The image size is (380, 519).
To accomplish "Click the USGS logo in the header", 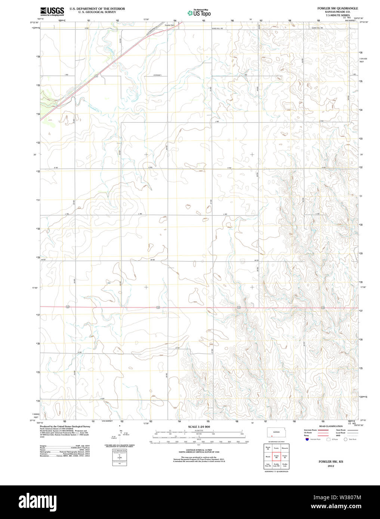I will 52,11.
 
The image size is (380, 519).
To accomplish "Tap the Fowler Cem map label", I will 170,25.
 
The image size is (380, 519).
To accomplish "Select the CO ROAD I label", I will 157,75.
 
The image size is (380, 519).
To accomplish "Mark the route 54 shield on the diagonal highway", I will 96,76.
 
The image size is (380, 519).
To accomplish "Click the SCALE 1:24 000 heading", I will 199,427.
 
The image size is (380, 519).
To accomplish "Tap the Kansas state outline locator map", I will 276,432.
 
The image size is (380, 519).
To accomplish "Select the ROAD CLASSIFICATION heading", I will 331,426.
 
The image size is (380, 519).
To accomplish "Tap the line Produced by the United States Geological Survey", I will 65,426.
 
